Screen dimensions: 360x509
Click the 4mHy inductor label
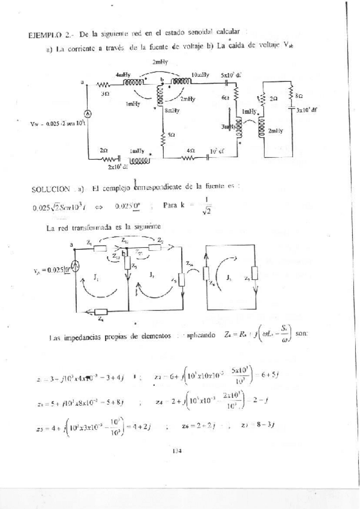[x=124, y=74]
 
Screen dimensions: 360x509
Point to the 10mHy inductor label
[x=200, y=74]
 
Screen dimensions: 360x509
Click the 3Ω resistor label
[x=105, y=94]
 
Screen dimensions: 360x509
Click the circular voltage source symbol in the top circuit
[x=86, y=113]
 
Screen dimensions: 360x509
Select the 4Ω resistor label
[x=190, y=150]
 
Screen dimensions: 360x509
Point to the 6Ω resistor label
[x=225, y=97]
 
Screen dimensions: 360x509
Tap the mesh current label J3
[x=229, y=277]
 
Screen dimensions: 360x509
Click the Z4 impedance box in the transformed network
[x=99, y=312]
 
